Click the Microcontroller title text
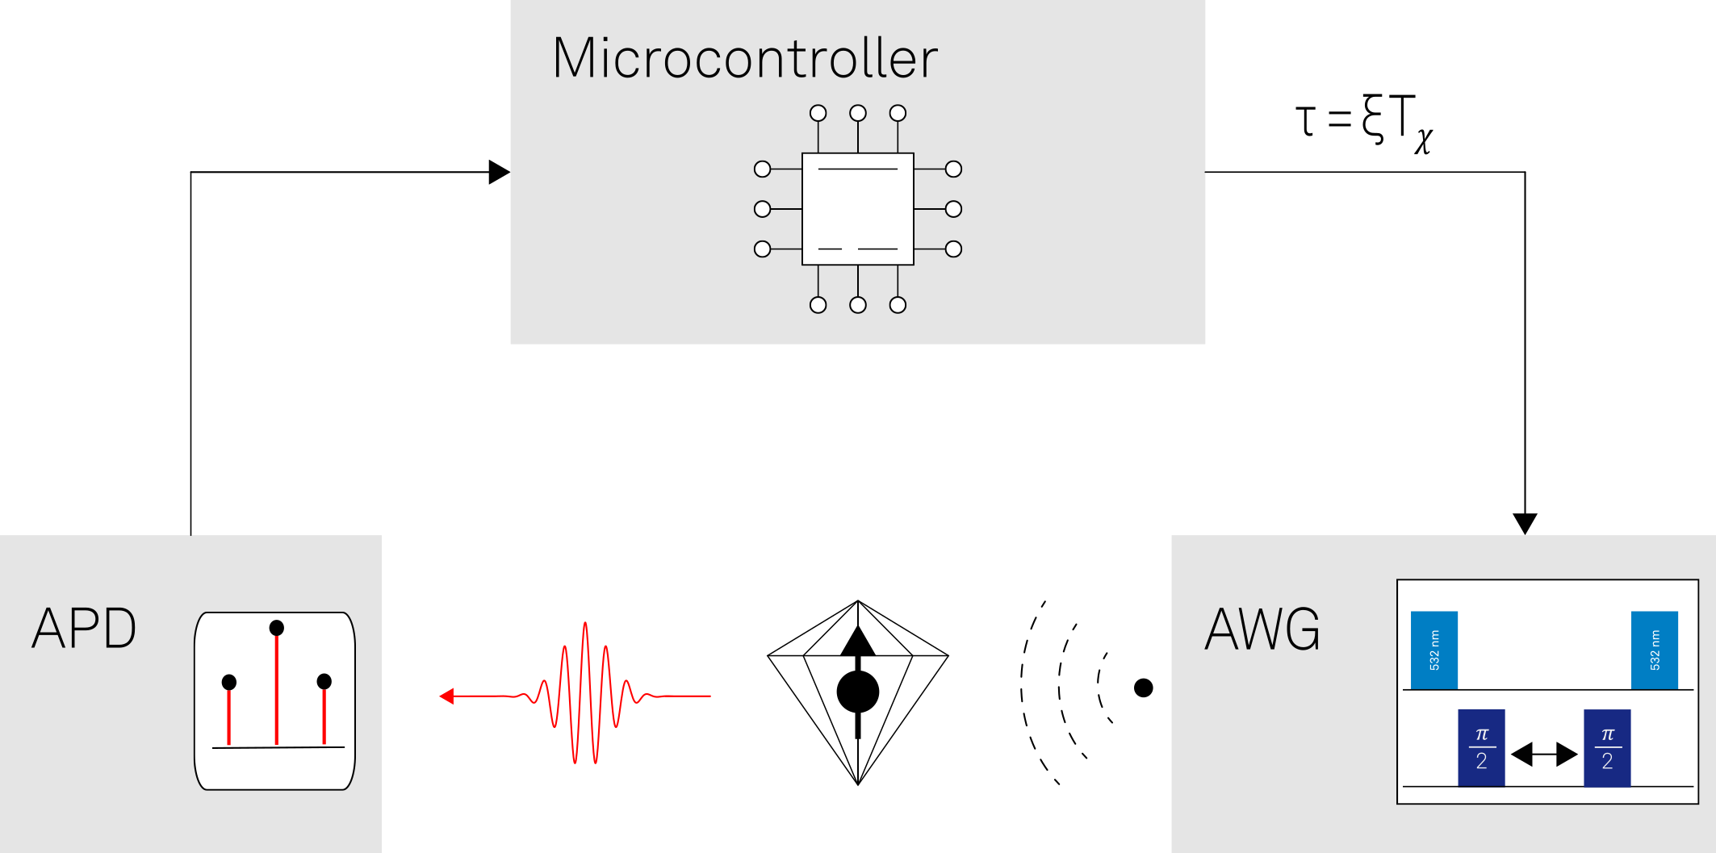(x=744, y=58)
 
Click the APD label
(x=84, y=629)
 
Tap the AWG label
(x=1262, y=629)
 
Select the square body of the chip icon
(x=857, y=209)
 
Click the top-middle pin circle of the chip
(x=858, y=113)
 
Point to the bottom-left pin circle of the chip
(x=818, y=305)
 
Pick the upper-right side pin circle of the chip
(x=953, y=169)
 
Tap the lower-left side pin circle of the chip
(x=762, y=249)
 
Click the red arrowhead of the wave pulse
(x=446, y=696)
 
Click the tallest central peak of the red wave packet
(x=585, y=629)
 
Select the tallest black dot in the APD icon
(x=276, y=628)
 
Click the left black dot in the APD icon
(x=229, y=683)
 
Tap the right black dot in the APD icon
(x=324, y=682)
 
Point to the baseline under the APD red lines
(x=278, y=747)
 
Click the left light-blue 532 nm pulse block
(x=1433, y=650)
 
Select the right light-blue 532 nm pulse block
(x=1654, y=650)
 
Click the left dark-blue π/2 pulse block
(x=1481, y=747)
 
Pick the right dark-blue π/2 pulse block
(x=1606, y=747)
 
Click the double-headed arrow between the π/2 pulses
(x=1543, y=755)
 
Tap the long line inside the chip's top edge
(x=857, y=169)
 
